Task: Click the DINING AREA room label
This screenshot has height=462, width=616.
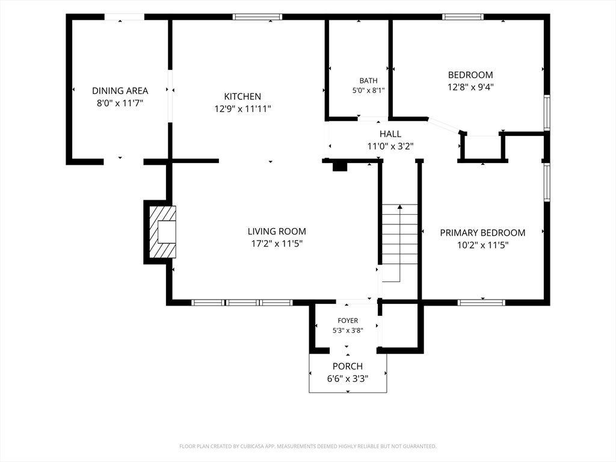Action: coord(120,91)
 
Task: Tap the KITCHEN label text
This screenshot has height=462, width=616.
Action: coord(242,96)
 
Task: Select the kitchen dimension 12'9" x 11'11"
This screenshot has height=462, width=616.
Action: coord(242,109)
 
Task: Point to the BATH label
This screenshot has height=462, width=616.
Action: coord(369,81)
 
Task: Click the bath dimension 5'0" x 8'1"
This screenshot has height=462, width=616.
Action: coord(369,90)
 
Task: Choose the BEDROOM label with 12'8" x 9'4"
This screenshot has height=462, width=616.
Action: coord(470,75)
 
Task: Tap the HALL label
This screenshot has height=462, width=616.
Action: coord(390,134)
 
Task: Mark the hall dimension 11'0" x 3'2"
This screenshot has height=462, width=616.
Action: coord(390,147)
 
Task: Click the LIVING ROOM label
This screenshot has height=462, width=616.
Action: coord(277,232)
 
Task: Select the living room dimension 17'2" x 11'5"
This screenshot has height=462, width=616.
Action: coord(277,244)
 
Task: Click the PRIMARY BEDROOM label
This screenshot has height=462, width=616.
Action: coord(482,233)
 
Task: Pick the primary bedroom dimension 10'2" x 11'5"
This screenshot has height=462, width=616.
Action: coord(482,245)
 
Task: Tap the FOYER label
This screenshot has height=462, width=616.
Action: coord(348,321)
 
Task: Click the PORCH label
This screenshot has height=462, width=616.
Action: coord(348,366)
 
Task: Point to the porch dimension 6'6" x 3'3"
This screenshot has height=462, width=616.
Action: coord(348,379)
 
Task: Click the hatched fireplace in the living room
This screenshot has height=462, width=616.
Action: coord(162,232)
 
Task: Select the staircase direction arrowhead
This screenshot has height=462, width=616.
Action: coord(400,206)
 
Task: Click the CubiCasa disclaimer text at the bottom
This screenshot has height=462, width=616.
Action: coord(308,446)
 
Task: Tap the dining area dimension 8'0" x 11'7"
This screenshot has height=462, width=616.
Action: coord(120,103)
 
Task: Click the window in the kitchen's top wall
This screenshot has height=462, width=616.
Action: coord(257,17)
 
